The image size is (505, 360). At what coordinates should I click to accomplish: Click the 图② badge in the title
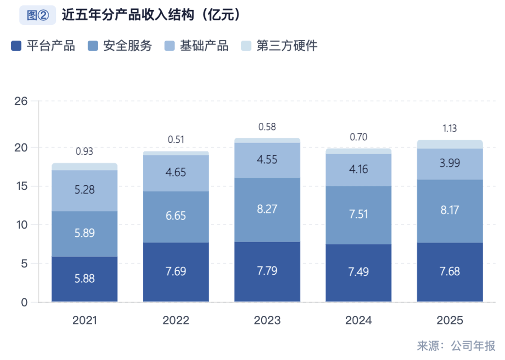(x=37, y=15)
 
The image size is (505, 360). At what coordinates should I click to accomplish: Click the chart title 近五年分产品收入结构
(x=151, y=15)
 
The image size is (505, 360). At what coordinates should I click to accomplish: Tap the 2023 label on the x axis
(x=267, y=321)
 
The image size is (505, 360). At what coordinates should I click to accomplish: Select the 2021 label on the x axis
(x=84, y=321)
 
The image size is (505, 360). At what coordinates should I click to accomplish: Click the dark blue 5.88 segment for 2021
(x=84, y=279)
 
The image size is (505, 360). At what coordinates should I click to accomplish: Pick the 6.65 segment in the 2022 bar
(x=176, y=216)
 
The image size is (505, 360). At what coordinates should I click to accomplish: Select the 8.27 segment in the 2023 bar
(x=267, y=210)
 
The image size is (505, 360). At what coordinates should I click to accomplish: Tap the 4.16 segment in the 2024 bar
(x=358, y=170)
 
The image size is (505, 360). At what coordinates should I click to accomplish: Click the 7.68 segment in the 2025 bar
(x=450, y=272)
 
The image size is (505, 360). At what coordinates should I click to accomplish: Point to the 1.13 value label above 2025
(x=450, y=129)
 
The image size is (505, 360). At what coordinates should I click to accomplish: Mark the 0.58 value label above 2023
(x=267, y=127)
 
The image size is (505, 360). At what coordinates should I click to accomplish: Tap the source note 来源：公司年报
(x=456, y=346)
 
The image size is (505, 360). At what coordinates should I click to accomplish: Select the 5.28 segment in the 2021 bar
(x=84, y=190)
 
